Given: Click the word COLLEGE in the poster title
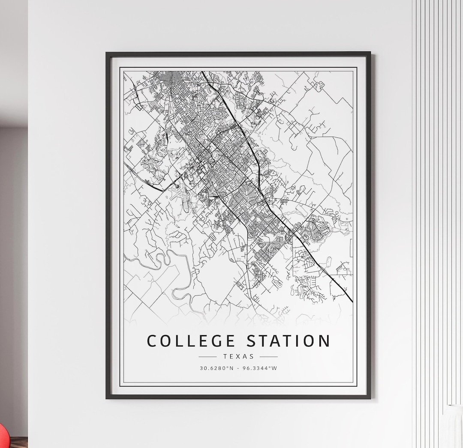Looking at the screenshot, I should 191,341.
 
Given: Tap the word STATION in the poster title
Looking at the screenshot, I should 288,341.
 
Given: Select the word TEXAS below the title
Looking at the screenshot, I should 238,356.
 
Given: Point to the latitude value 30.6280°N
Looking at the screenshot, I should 216,368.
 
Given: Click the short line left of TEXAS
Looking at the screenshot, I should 208,356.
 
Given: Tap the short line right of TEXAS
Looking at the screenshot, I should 269,356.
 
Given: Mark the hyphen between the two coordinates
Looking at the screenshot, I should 238,368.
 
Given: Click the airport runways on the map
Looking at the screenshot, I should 182,197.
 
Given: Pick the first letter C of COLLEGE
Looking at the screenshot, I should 152,341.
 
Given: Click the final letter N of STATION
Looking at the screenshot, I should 325,341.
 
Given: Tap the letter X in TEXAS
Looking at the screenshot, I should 238,356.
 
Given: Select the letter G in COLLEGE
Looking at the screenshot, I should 216,341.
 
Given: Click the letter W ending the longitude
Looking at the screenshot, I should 275,368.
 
